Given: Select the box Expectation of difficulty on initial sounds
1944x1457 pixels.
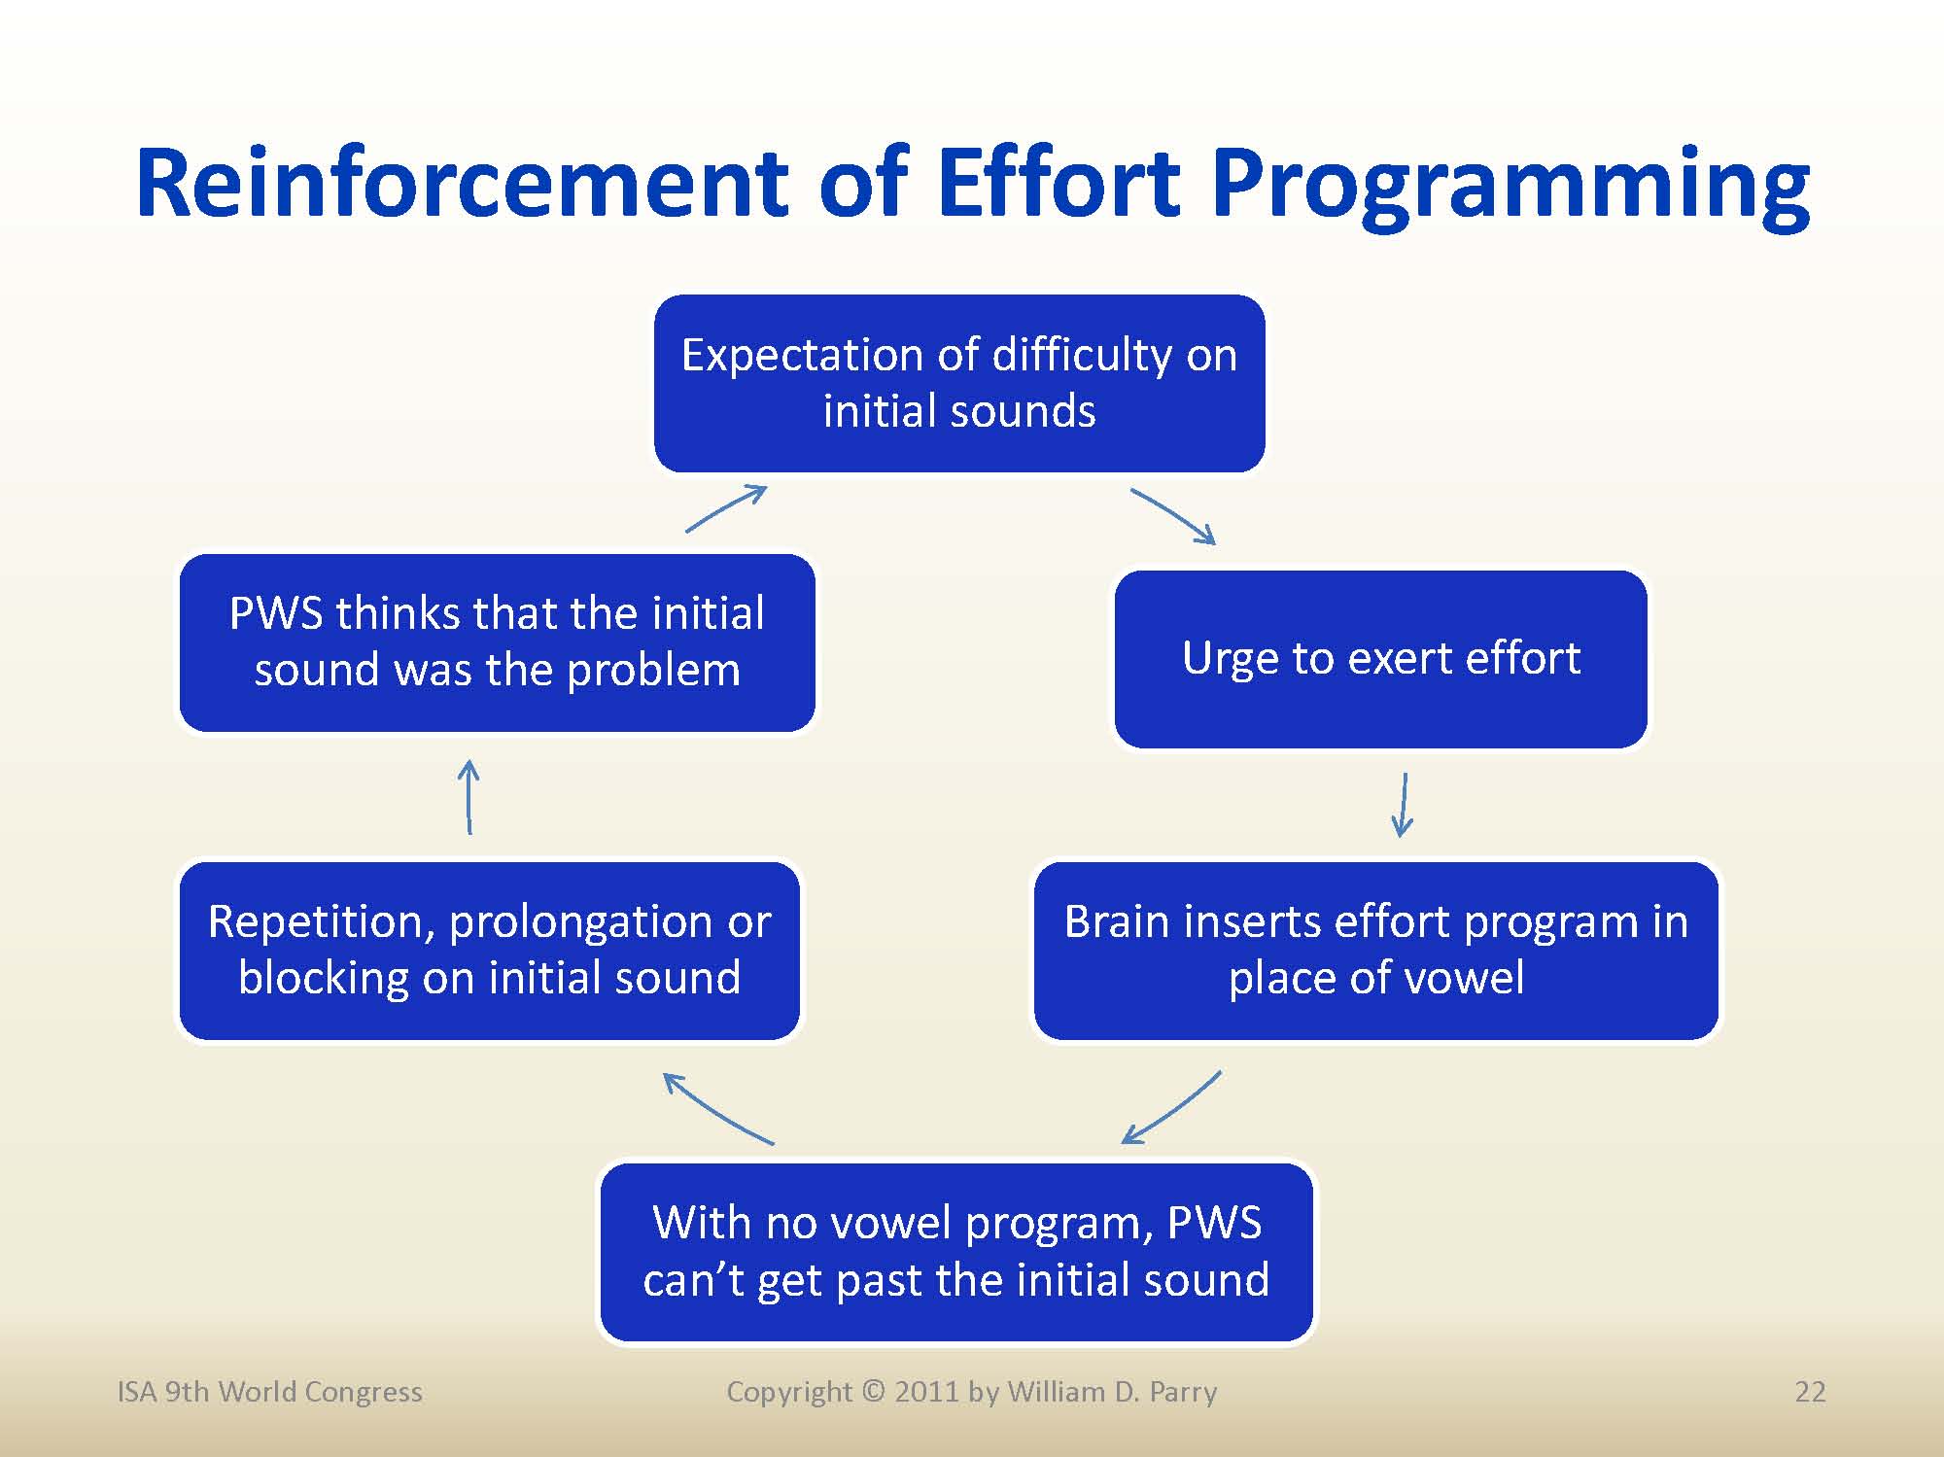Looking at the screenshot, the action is pyautogui.click(x=959, y=384).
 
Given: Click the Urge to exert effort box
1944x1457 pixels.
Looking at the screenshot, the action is pyautogui.click(x=1381, y=659).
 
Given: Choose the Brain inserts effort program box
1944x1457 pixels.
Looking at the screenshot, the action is pyautogui.click(x=1376, y=950).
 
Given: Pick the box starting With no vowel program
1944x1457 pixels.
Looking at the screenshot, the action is pyautogui.click(x=956, y=1252).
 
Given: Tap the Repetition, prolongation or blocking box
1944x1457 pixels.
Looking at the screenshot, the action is pyautogui.click(x=490, y=950).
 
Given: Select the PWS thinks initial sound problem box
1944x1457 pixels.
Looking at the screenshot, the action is pyautogui.click(x=498, y=642).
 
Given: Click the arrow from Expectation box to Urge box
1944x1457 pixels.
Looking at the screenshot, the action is pyautogui.click(x=1173, y=515).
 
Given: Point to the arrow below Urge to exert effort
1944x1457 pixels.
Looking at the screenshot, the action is pyautogui.click(x=1404, y=805).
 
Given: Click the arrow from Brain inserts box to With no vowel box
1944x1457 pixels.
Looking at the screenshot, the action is pyautogui.click(x=1172, y=1109).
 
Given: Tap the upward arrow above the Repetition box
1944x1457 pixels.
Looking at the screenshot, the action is pyautogui.click(x=469, y=797).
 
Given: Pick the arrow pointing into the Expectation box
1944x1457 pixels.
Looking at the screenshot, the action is pyautogui.click(x=726, y=508).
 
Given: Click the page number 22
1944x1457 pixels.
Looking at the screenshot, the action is pyautogui.click(x=1810, y=1392).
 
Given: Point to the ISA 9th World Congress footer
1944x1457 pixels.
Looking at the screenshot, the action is pyautogui.click(x=269, y=1392).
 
